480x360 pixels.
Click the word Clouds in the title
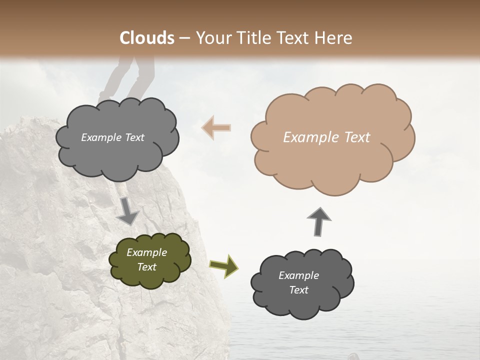coord(147,38)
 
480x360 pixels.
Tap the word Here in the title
coord(332,38)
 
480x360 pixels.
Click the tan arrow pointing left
coord(216,127)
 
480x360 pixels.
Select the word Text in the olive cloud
coord(147,267)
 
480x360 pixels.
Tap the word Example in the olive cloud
coord(147,252)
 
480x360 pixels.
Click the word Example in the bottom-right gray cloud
coord(298,275)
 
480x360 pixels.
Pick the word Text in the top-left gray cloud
coord(134,137)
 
